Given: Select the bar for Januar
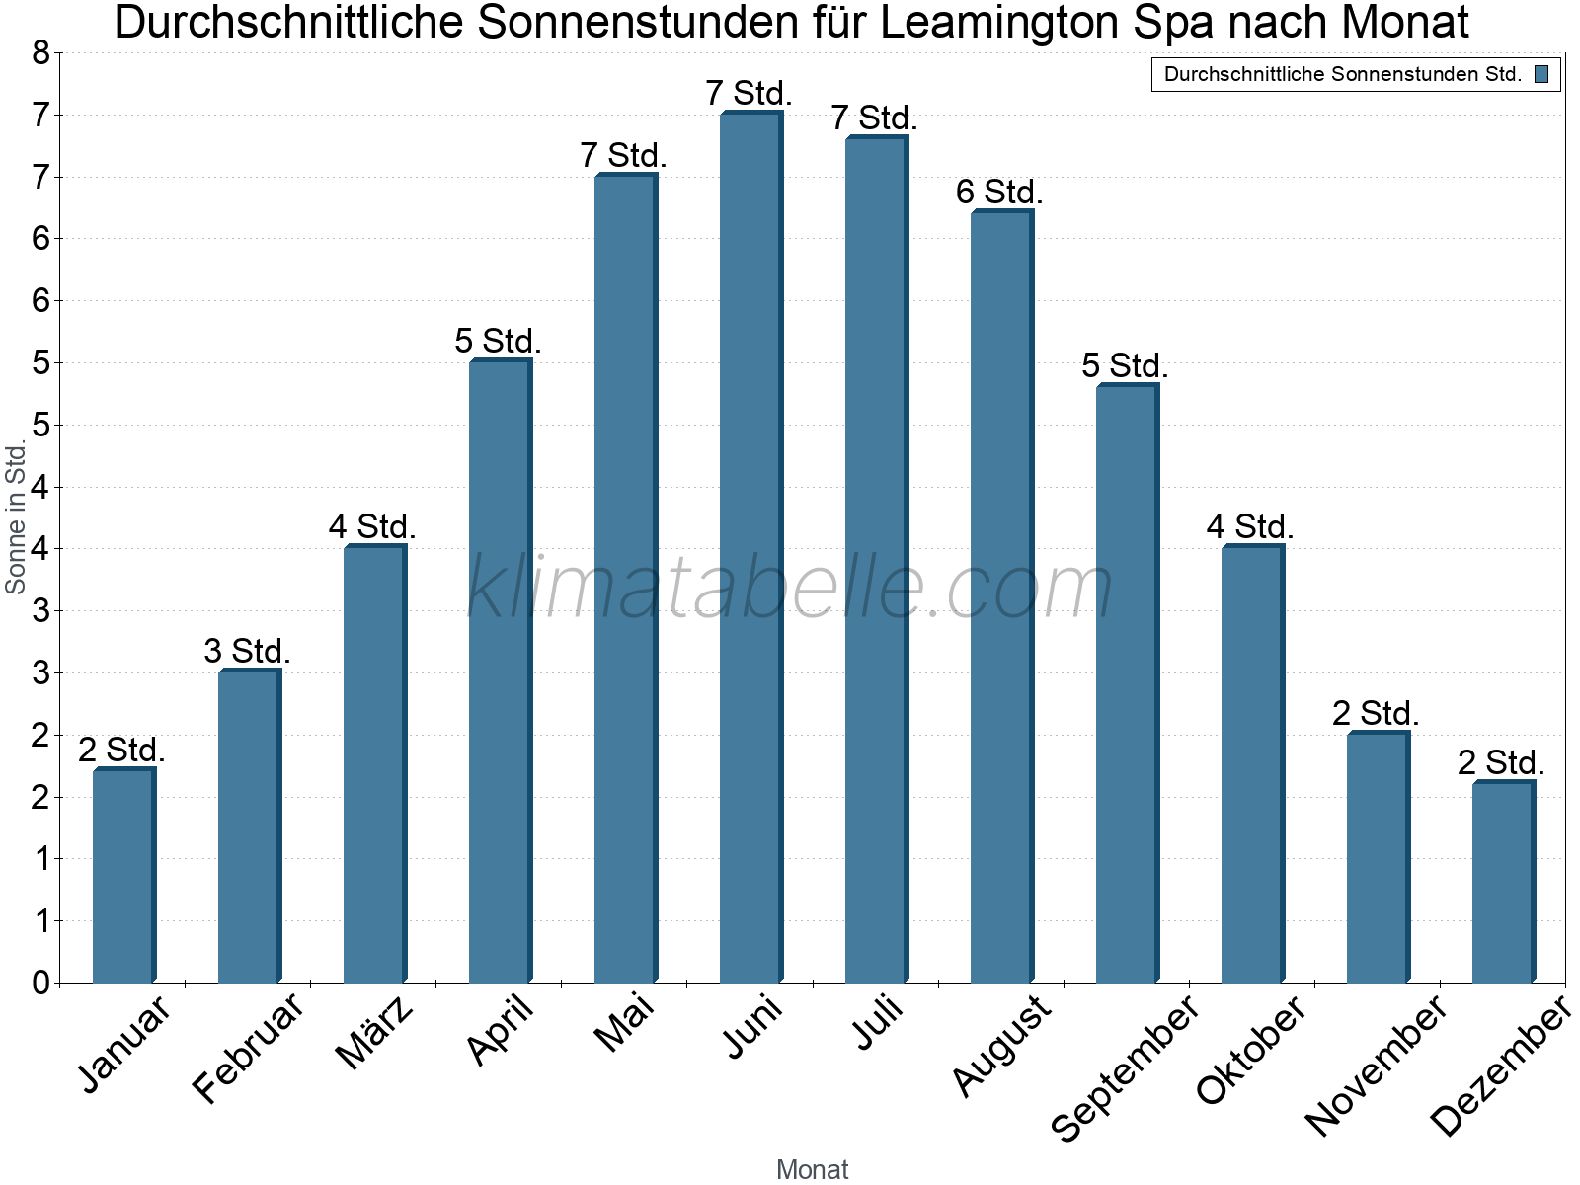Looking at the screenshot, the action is [124, 875].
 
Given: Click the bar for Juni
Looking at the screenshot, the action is [751, 547].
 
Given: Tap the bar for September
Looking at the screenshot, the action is [1128, 683].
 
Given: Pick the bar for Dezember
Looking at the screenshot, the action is [1504, 882].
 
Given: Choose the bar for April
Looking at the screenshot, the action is [501, 671].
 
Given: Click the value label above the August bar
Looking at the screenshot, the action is [999, 193].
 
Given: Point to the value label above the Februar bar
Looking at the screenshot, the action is [247, 651].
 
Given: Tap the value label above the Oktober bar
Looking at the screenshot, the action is [1250, 526].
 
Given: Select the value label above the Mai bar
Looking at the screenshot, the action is [623, 155].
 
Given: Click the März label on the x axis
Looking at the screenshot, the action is [374, 1032].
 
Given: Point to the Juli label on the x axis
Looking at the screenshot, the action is [878, 1022].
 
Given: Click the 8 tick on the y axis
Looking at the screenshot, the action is [41, 53].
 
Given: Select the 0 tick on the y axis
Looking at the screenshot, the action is [41, 983].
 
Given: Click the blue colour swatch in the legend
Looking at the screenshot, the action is [1541, 75].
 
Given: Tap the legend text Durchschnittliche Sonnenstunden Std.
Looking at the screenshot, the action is [1343, 75].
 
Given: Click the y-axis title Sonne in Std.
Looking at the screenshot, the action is [15, 516].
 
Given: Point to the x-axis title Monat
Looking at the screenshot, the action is [812, 1169].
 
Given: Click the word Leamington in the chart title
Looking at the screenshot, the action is [1000, 23].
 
